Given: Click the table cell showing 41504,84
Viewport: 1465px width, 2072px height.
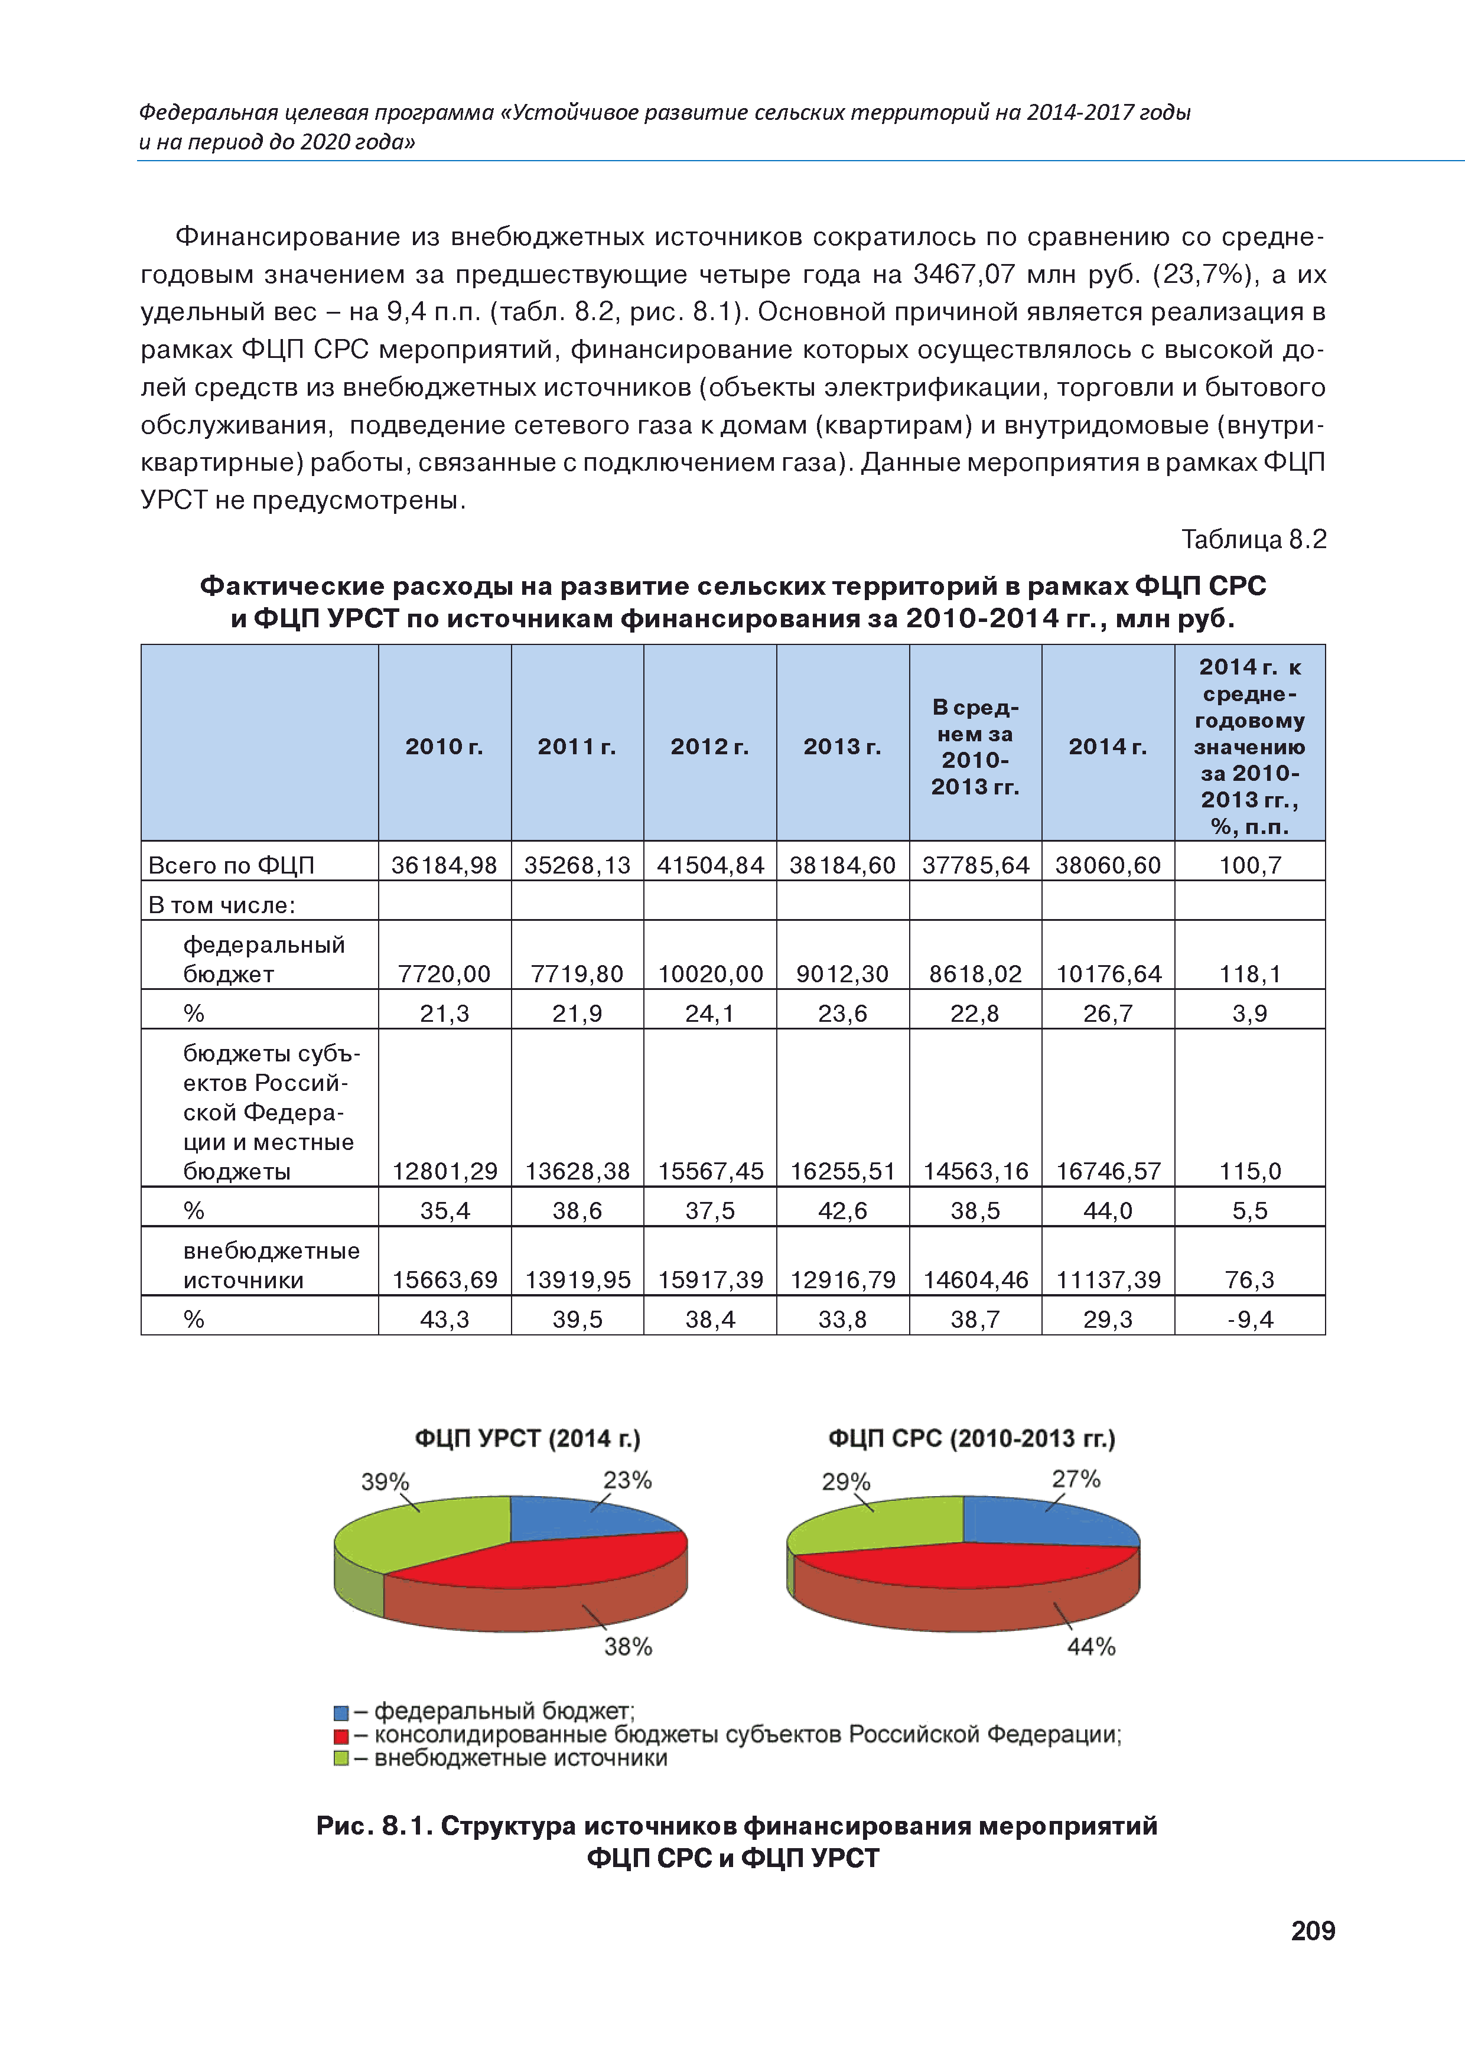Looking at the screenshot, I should click(x=711, y=865).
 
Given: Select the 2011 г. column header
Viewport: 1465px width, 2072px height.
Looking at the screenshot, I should click(x=577, y=747).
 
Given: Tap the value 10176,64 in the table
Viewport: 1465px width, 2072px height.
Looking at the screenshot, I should click(x=1108, y=974).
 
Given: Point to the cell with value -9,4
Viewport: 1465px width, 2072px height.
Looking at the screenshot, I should click(x=1250, y=1320).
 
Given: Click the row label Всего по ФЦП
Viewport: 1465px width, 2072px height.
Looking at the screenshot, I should click(x=231, y=865).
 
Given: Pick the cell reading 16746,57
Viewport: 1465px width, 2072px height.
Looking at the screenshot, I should click(x=1108, y=1171).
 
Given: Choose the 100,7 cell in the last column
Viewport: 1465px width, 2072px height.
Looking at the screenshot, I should click(x=1250, y=865).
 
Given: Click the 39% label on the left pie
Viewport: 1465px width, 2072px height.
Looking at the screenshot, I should click(x=385, y=1482).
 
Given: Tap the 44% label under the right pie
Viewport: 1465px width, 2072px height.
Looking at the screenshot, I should click(x=1091, y=1647).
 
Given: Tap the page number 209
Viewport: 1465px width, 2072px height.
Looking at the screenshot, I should click(x=1313, y=1930).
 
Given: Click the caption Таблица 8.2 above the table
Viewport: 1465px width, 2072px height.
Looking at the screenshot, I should click(x=1254, y=540).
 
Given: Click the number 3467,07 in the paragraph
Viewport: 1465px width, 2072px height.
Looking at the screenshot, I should click(x=964, y=274).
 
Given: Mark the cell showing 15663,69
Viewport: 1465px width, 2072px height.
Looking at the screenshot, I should click(x=445, y=1280).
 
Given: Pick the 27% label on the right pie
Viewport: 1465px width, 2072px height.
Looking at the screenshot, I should click(x=1076, y=1479).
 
